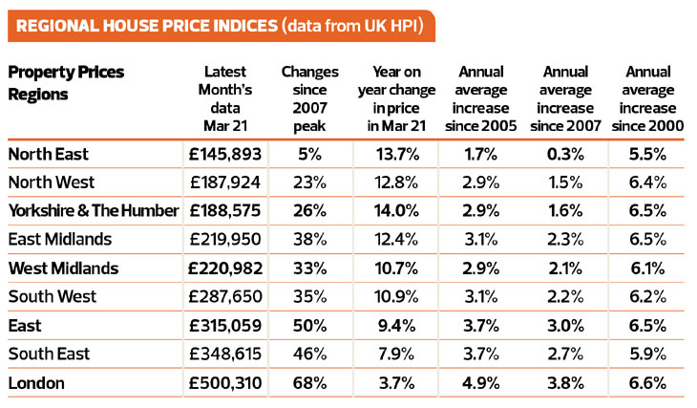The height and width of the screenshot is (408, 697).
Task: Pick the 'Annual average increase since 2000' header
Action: [x=651, y=100]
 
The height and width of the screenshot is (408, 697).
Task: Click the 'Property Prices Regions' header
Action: [x=66, y=83]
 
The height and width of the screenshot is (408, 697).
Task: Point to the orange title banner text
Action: [x=142, y=23]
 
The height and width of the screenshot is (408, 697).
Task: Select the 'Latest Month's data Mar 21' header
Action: [x=225, y=100]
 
